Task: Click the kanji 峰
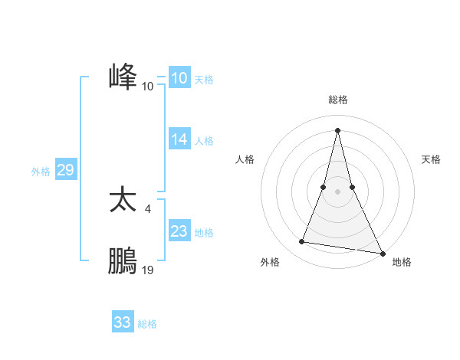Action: [123, 77]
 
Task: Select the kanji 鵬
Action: [123, 261]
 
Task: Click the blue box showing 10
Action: [179, 78]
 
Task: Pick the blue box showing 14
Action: [179, 139]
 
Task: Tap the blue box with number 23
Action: [179, 231]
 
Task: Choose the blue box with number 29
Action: [65, 170]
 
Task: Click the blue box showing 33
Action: [123, 322]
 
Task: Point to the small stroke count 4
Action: [147, 208]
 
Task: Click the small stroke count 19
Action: [148, 270]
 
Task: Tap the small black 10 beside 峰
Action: [148, 86]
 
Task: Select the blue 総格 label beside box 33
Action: [147, 324]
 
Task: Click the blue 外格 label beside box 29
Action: [41, 172]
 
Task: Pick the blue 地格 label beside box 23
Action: [204, 232]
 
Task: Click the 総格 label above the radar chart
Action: [338, 100]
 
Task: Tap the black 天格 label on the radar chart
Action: [432, 159]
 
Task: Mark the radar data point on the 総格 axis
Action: [337, 130]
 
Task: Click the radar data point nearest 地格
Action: [383, 253]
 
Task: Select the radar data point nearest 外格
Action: [302, 242]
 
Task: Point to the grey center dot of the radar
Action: [337, 191]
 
